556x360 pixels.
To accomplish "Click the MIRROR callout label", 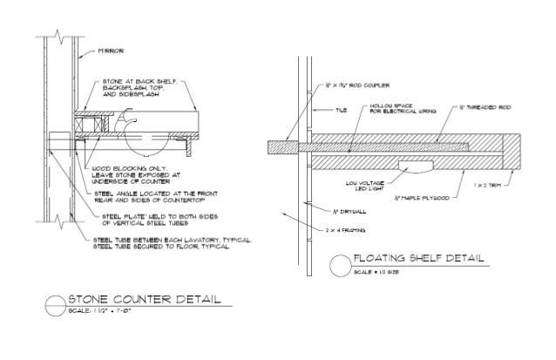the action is tap(108, 51).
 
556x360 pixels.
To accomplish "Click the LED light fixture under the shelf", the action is tap(413, 166).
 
